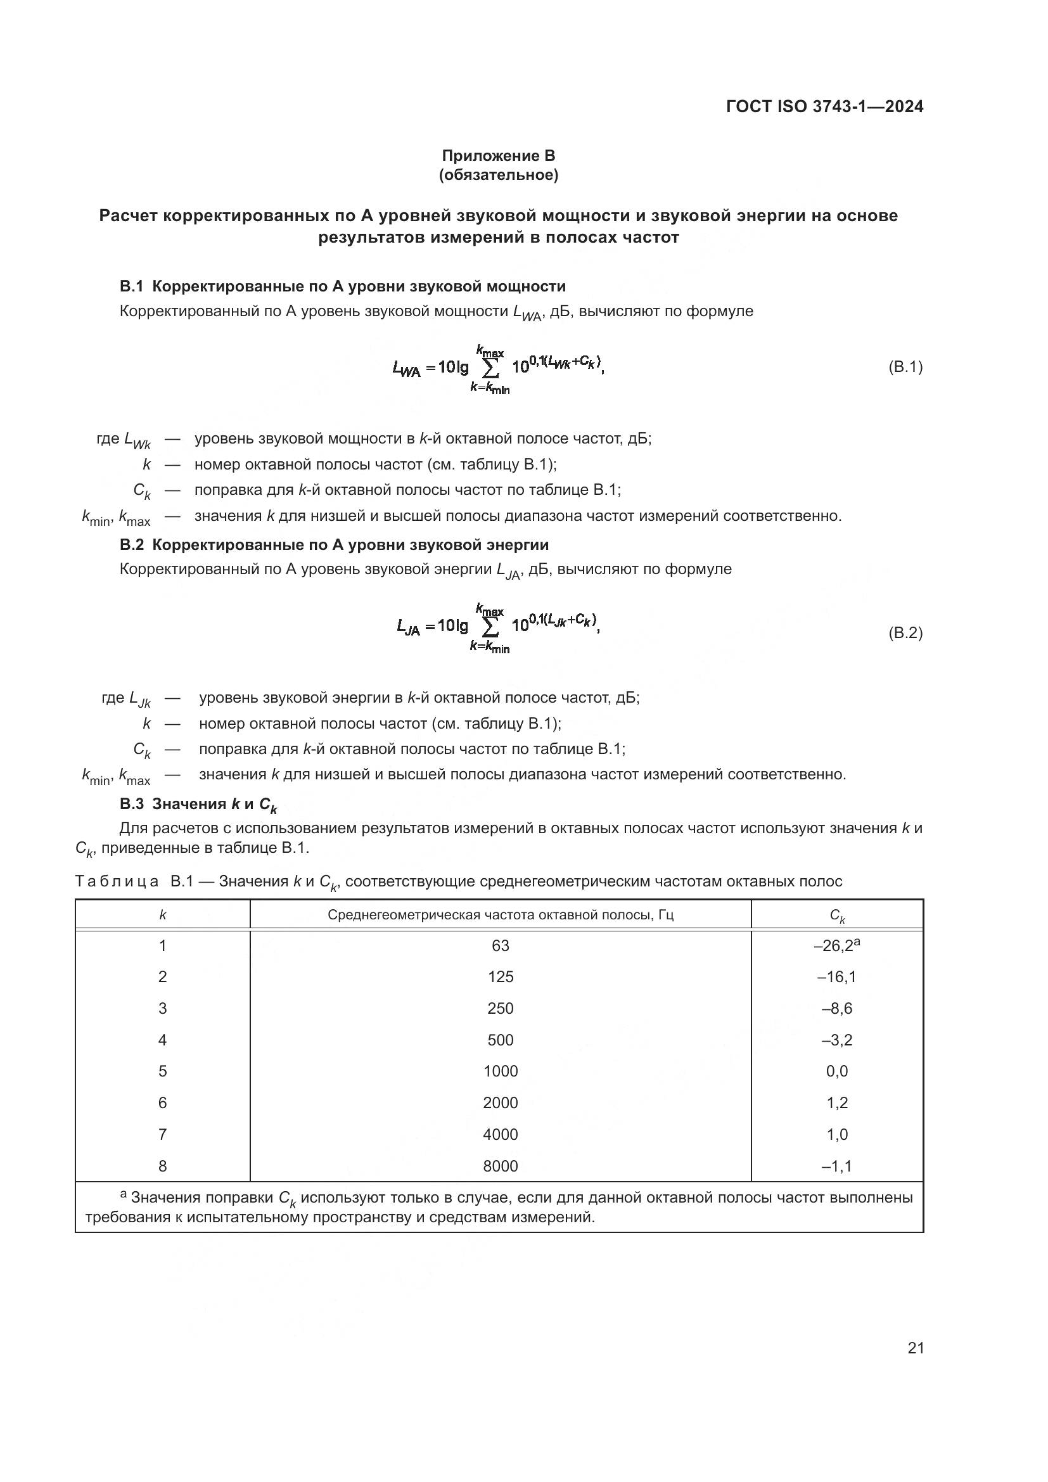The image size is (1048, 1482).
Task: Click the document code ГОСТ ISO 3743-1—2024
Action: pyautogui.click(x=824, y=106)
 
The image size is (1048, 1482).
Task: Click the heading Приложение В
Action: pyautogui.click(x=498, y=156)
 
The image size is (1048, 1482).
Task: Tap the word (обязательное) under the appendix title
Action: pyautogui.click(x=498, y=175)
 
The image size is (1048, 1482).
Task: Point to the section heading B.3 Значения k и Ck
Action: pyautogui.click(x=198, y=804)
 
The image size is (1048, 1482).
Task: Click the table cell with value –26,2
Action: pyautogui.click(x=836, y=945)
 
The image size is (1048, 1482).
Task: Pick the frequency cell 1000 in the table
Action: pyautogui.click(x=500, y=1071)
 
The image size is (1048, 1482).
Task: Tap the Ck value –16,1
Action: pyautogui.click(x=836, y=977)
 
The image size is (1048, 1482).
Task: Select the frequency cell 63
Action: pyautogui.click(x=500, y=945)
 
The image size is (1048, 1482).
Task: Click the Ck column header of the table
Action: pyautogui.click(x=836, y=916)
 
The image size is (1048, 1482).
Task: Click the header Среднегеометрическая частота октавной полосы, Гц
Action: pyautogui.click(x=500, y=915)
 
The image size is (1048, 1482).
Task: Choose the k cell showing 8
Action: pyautogui.click(x=163, y=1166)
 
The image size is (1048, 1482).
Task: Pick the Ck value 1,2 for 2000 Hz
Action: pyautogui.click(x=837, y=1103)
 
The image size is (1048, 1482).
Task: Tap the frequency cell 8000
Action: pyautogui.click(x=500, y=1166)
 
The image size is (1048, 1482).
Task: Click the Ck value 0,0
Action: pyautogui.click(x=837, y=1071)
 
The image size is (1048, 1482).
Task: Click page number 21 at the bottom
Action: pyautogui.click(x=915, y=1348)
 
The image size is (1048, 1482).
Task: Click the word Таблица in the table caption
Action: pyautogui.click(x=117, y=882)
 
